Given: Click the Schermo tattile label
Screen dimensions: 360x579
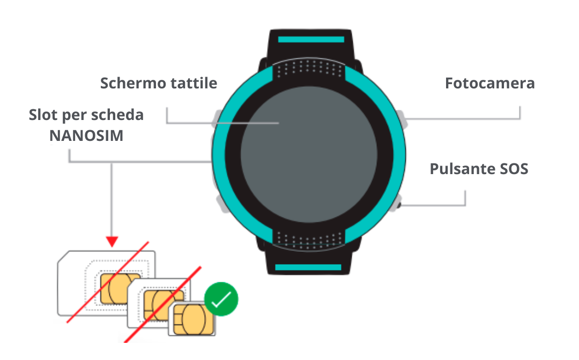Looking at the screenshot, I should click(159, 84).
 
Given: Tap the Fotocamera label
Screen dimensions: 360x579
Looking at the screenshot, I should click(489, 84).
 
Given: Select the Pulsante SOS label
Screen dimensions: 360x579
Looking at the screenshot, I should click(479, 169).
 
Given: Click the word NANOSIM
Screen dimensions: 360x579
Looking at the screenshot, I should click(86, 136).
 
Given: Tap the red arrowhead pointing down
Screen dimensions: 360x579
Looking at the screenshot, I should click(112, 242).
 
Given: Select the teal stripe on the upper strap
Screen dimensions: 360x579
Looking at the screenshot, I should click(310, 39).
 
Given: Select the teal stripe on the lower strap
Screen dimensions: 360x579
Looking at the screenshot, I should click(308, 267).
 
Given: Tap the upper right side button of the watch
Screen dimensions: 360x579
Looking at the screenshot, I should click(402, 118).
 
